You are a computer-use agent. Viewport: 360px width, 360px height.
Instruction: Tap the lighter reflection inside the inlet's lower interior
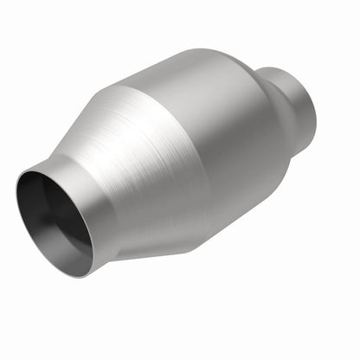[x=69, y=251]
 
